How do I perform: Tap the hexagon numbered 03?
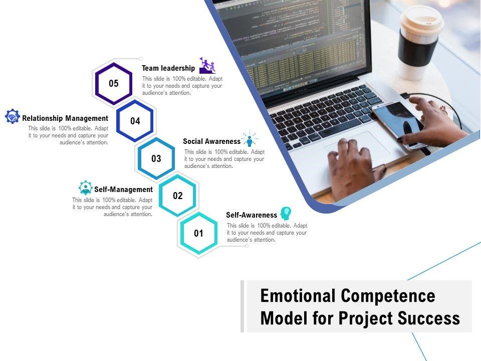138,158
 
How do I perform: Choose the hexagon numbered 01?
181,233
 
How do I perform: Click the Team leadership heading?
168,68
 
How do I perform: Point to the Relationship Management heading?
65,118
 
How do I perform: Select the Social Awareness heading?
211,141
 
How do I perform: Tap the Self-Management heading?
123,190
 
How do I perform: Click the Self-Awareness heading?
252,215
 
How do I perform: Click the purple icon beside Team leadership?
207,65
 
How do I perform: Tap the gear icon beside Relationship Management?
13,116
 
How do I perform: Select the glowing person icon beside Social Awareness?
250,139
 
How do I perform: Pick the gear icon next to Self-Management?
86,188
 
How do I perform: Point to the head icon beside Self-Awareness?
286,214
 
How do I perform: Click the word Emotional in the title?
298,296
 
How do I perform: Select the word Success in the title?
429,318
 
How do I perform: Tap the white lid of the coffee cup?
421,21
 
